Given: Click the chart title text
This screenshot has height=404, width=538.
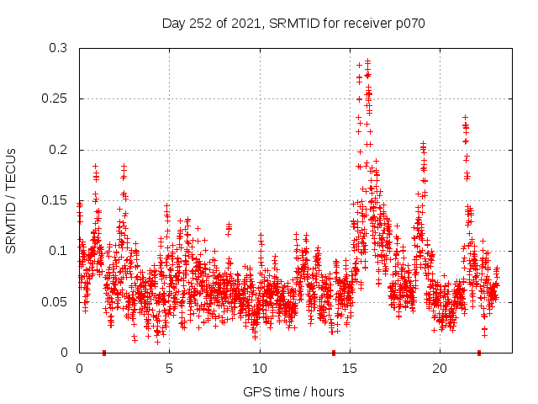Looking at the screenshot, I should coord(293,24).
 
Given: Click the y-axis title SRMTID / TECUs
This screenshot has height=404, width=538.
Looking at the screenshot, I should coord(12,200).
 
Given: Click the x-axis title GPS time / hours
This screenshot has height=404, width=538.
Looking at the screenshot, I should coord(293,391).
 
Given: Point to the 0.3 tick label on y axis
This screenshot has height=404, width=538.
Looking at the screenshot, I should coord(59,49).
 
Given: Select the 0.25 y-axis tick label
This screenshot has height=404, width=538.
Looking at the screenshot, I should coord(55,99).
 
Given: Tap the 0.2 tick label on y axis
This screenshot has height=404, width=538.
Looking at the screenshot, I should coord(59,150).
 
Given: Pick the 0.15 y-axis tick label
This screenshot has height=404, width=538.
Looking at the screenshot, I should coord(55,200).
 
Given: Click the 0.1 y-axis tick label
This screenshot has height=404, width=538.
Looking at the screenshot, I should coord(59,251).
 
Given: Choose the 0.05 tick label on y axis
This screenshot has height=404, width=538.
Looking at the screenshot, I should coord(55,301).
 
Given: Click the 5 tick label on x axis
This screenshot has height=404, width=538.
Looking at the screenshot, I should coord(170,369).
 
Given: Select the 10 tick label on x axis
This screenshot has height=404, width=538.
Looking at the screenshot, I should coord(260,369).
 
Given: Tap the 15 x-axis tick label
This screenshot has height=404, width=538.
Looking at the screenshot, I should coord(350,369).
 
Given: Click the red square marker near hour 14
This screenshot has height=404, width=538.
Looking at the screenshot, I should coord(334,353).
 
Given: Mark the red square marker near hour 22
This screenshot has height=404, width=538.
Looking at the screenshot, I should coord(479,353).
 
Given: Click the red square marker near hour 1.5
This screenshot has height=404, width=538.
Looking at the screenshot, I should coord(104,353).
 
